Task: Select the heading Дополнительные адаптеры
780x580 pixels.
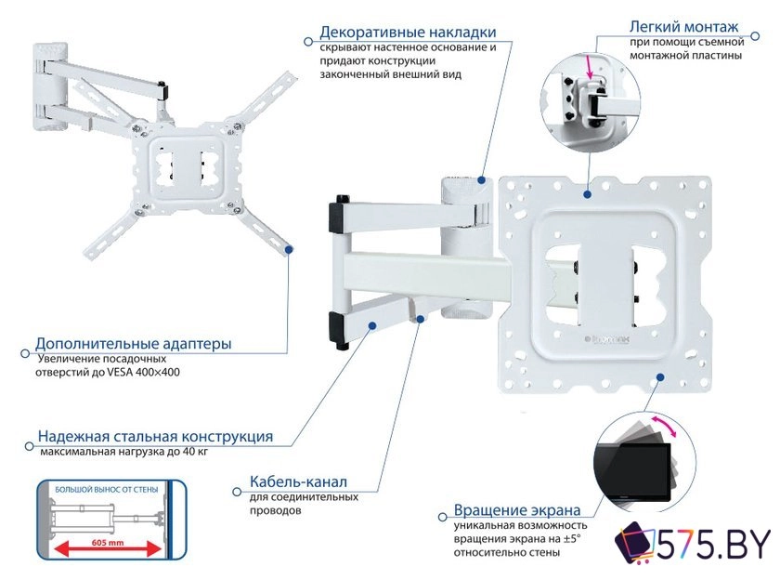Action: (134, 343)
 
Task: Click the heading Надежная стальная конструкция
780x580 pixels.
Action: (155, 437)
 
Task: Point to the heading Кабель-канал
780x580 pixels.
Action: (298, 482)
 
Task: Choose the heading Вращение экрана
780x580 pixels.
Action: (517, 510)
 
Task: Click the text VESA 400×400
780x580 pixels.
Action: (138, 372)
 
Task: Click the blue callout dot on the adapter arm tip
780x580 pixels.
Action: (289, 248)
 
